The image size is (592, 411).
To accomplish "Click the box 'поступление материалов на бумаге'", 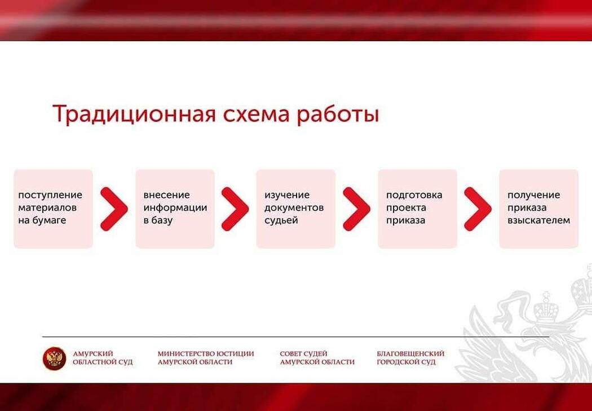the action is pyautogui.click(x=53, y=209).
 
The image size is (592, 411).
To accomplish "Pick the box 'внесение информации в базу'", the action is pyautogui.click(x=175, y=209).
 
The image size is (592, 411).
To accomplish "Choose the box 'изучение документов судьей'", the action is pyautogui.click(x=295, y=209).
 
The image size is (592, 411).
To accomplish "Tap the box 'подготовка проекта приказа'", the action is pyautogui.click(x=417, y=209).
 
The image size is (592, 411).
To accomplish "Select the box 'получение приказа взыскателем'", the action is pyautogui.click(x=539, y=209).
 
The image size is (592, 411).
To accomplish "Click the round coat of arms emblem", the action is pyautogui.click(x=54, y=358).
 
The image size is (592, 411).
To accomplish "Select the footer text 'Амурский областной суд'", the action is pyautogui.click(x=103, y=358).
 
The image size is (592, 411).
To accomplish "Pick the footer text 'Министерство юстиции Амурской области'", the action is pyautogui.click(x=206, y=358).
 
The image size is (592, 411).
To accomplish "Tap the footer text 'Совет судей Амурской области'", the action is pyautogui.click(x=317, y=358).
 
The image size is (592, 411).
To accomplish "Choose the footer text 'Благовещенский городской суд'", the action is pyautogui.click(x=410, y=358).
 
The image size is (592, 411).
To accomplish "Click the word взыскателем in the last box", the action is pyautogui.click(x=539, y=220).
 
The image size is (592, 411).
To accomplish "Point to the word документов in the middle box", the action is pyautogui.click(x=294, y=208).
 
